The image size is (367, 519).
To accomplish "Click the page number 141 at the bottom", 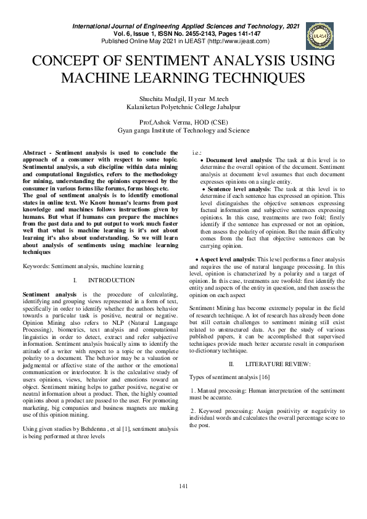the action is pyautogui.click(x=183, y=487).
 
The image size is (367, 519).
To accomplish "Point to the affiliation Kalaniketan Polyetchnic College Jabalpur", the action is pyautogui.click(x=183, y=107).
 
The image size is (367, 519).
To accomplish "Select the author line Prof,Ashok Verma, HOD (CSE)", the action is pyautogui.click(x=184, y=122).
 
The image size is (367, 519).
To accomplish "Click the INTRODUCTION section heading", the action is pyautogui.click(x=111, y=280).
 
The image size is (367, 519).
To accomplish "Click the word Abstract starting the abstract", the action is pyautogui.click(x=36, y=152).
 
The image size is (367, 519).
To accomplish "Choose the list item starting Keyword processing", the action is pyautogui.click(x=266, y=418).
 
